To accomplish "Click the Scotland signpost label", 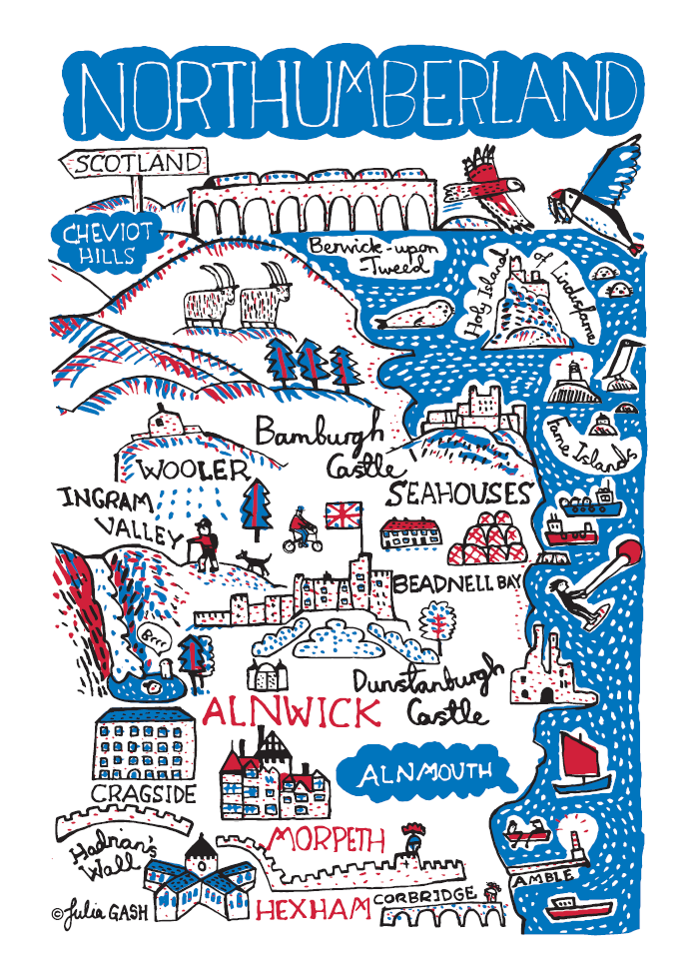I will coord(134,163).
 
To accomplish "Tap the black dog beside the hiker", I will coord(254,561).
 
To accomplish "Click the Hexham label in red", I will coord(314,910).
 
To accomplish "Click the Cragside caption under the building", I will coord(143,793).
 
